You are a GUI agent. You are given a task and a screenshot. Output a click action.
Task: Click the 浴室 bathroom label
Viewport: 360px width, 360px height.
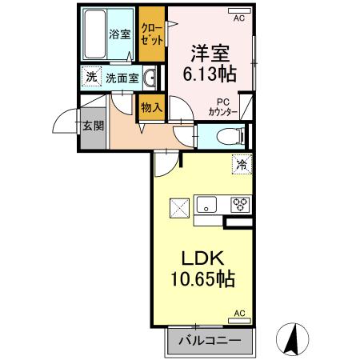point(119,34)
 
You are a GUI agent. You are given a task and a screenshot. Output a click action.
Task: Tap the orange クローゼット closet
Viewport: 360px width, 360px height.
point(150,34)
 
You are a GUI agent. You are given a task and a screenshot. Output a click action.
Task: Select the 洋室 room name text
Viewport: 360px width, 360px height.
point(210,54)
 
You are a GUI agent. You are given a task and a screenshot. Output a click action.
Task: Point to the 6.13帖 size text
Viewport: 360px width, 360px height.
point(210,74)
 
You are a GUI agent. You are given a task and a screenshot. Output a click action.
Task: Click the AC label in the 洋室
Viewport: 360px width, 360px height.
point(238,14)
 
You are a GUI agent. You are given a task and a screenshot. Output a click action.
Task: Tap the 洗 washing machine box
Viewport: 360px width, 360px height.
point(91,78)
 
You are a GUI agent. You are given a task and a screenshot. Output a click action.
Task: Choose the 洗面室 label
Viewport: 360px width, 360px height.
point(123,78)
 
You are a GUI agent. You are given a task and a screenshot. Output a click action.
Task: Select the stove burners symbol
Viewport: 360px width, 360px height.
point(239,204)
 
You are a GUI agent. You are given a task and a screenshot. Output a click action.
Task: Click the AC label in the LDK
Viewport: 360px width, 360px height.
point(238,314)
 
